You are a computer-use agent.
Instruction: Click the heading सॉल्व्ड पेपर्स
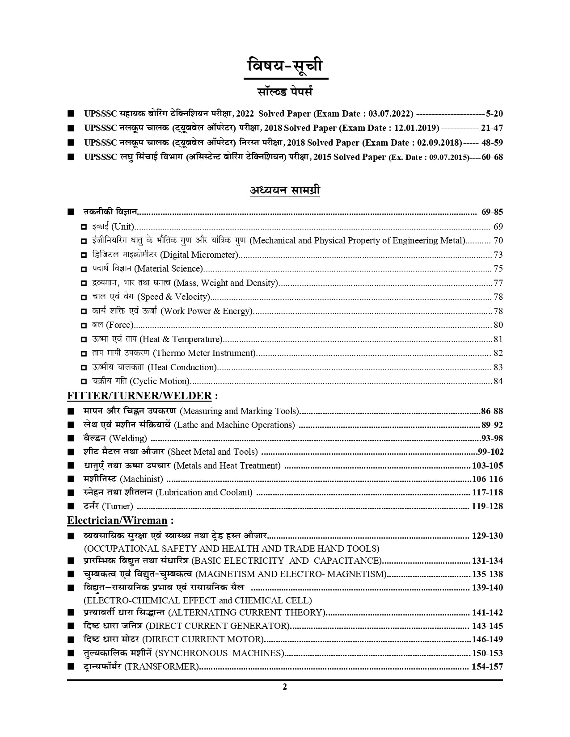pos(285,92)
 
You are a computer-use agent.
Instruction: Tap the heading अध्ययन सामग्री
pos(285,190)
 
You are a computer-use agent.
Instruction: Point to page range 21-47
pos(492,128)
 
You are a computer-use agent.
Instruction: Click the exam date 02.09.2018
pos(438,143)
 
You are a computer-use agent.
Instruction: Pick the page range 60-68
pos(492,157)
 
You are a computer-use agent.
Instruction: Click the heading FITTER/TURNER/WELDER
pos(139,396)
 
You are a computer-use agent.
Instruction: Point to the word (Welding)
pos(128,439)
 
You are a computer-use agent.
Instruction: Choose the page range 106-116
pos(487,479)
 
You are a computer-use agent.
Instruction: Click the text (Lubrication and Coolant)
pos(204,493)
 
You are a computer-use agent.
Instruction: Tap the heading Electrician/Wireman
pos(117,520)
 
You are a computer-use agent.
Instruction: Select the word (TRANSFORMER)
pos(161,667)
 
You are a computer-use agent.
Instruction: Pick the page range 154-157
pos(487,667)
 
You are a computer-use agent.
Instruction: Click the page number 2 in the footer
pos(285,687)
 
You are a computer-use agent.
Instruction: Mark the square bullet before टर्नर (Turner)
pos(71,507)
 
